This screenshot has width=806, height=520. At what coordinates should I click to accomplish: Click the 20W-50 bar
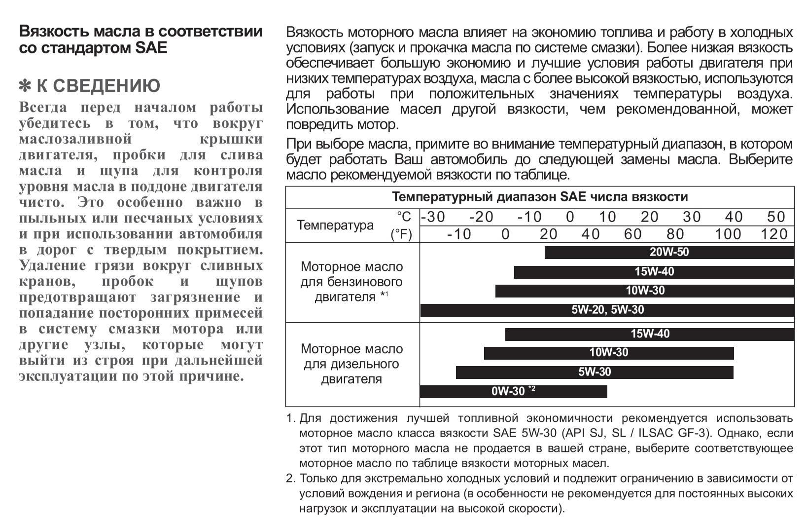click(x=669, y=252)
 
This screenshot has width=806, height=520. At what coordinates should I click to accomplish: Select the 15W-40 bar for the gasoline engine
click(x=654, y=272)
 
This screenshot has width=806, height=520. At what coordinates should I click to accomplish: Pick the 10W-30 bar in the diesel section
click(x=609, y=353)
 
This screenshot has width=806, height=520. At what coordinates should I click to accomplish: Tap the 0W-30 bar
click(x=513, y=391)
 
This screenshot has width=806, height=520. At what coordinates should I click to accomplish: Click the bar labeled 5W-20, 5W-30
click(x=607, y=310)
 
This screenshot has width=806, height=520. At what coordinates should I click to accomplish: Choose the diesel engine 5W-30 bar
click(x=595, y=372)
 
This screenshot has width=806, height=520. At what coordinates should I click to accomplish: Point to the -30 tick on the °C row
click(x=433, y=217)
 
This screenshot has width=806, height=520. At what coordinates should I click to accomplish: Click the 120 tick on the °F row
click(x=774, y=234)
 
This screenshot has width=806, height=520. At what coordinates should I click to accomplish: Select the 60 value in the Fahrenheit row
click(x=632, y=234)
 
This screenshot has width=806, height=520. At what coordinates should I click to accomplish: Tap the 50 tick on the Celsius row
click(x=776, y=217)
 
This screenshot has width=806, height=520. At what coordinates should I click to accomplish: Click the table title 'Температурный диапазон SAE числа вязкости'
click(x=540, y=197)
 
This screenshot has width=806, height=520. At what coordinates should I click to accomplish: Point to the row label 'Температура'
click(x=335, y=225)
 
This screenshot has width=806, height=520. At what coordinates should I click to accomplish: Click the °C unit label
click(x=404, y=217)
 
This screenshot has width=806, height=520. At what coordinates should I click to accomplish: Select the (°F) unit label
click(x=401, y=234)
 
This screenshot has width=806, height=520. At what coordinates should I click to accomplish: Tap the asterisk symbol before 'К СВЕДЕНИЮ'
click(x=25, y=86)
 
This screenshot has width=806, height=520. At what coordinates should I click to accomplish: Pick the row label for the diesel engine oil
click(x=351, y=364)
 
